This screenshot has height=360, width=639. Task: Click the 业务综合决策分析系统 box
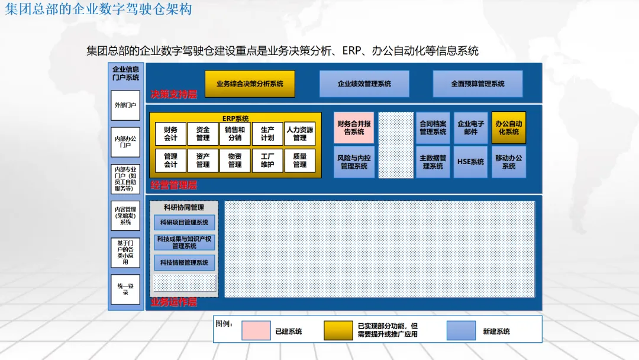[250, 83]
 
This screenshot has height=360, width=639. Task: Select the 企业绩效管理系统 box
[364, 83]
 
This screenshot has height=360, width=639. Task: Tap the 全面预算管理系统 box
[477, 83]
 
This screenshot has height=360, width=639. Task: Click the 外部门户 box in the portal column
[125, 105]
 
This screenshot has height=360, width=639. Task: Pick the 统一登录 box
[125, 289]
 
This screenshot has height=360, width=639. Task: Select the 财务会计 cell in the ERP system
[170, 134]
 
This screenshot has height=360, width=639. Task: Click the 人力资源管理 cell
[300, 134]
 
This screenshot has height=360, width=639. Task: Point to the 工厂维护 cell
[267, 160]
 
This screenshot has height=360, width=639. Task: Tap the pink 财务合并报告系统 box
[354, 127]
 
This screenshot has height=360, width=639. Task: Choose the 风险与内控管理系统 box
[354, 162]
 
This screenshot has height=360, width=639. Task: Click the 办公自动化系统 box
[509, 127]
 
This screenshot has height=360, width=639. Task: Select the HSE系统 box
[470, 162]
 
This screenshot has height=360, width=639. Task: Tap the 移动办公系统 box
[509, 162]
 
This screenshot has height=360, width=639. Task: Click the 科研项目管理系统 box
[184, 223]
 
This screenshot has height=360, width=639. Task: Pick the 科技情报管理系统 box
[184, 262]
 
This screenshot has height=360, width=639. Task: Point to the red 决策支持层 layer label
[173, 94]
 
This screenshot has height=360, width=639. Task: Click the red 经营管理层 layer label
[173, 185]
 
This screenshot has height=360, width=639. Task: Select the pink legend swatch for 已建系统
[256, 330]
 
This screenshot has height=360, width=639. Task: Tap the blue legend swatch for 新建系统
[461, 330]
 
